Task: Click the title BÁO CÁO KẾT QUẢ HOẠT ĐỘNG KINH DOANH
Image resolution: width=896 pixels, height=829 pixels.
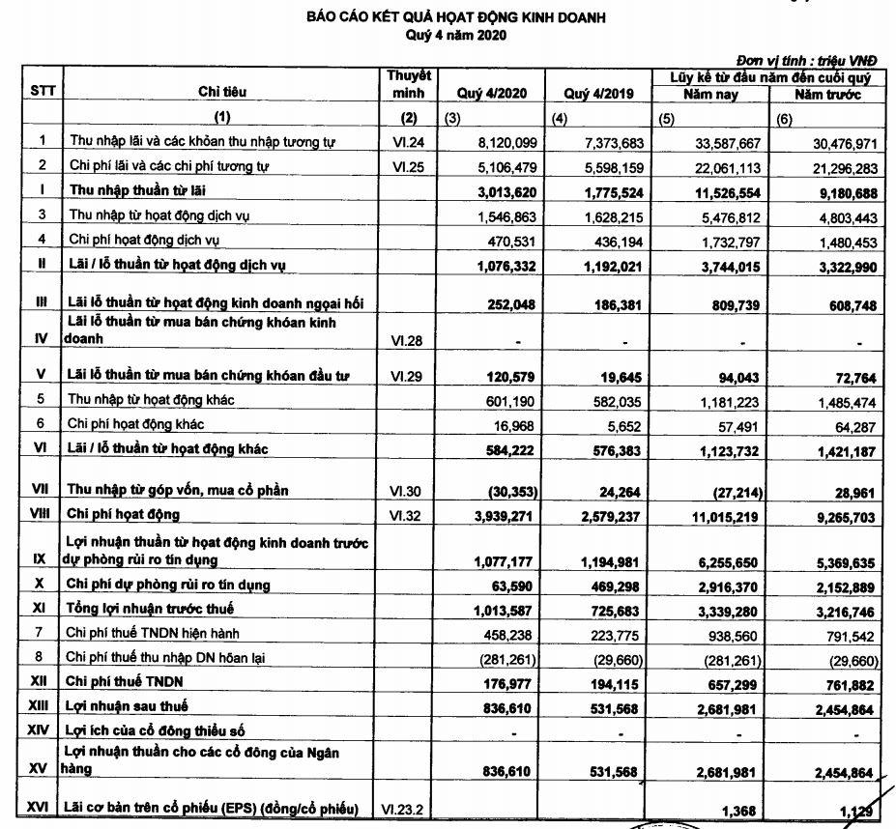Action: pos(456,17)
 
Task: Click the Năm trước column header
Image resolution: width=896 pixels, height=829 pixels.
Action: pos(827,95)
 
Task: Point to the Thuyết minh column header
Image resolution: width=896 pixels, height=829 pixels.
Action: pos(408,84)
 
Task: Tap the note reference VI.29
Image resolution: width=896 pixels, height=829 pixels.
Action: pos(407,374)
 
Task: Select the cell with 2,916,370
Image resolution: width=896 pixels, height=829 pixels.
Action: pos(728,585)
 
